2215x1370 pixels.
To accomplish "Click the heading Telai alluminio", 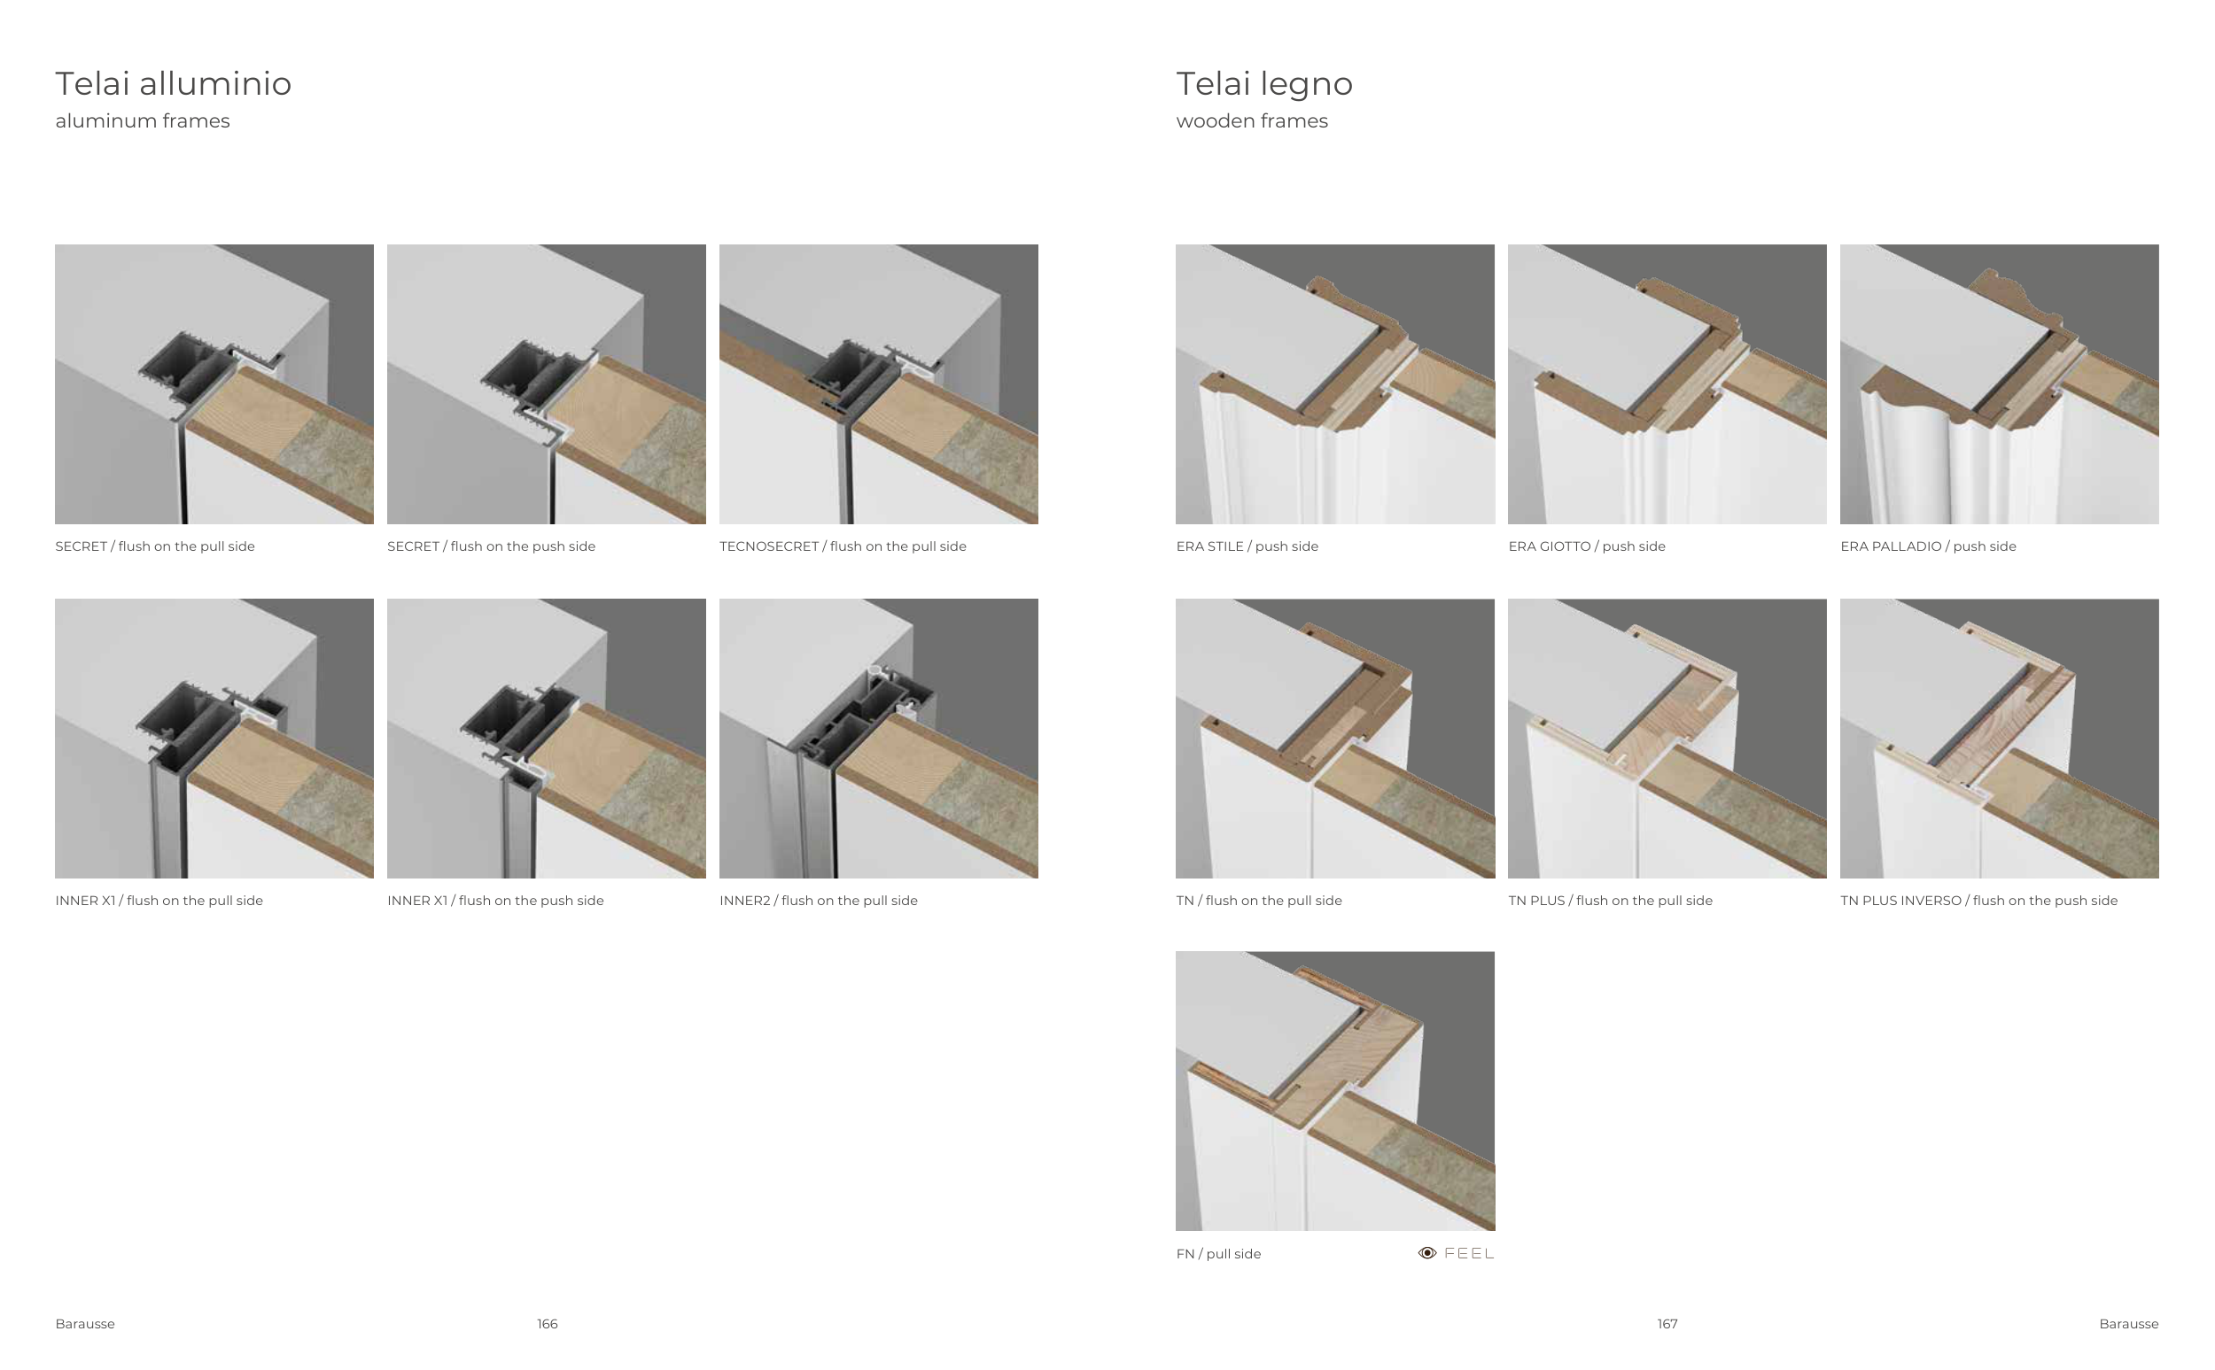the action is point(173,83).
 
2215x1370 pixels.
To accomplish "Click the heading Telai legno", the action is point(1264,84).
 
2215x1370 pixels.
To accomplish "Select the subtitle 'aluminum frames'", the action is point(143,121).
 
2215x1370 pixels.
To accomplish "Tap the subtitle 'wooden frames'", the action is point(1252,121).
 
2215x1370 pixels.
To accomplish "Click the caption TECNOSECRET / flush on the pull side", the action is point(843,546).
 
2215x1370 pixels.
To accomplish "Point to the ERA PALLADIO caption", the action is point(1928,546).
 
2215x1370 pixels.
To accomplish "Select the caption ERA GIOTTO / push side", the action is point(1587,546).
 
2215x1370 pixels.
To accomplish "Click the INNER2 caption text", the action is point(819,901).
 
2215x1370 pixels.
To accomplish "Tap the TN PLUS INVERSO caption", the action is point(1978,901).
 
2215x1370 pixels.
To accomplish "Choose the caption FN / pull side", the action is point(1218,1254).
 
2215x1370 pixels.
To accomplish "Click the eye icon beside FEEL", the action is point(1427,1253).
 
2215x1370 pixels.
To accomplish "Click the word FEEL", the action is point(1469,1253).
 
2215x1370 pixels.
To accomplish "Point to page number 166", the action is point(548,1324).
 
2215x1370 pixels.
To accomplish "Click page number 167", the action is point(1667,1324).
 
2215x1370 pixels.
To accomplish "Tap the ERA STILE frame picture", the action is point(1335,384).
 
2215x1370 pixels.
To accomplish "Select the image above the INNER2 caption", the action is point(879,739).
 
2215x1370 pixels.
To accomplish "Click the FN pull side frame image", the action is point(1335,1091).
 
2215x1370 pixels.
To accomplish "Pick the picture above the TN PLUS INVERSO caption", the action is point(2000,739).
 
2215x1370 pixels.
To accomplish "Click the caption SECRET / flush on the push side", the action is point(491,546).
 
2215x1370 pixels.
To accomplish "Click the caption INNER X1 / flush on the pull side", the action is point(159,901).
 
